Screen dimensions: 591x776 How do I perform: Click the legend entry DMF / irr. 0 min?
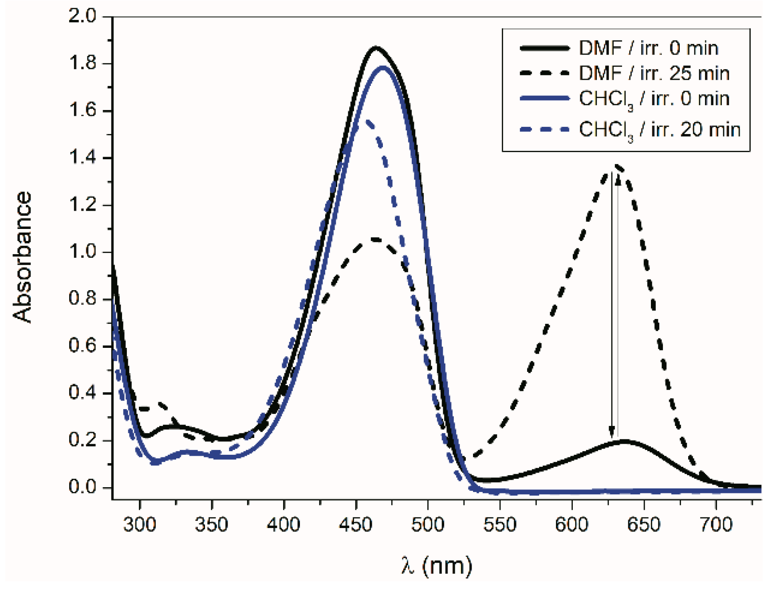(x=648, y=48)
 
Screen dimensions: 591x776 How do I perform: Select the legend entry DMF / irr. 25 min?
(x=654, y=73)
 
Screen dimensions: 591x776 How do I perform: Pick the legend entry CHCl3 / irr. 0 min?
(x=654, y=99)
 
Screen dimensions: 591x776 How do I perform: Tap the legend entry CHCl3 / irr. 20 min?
(x=659, y=130)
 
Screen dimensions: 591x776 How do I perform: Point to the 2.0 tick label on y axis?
(x=83, y=16)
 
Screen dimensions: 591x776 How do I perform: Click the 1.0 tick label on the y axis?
(x=83, y=252)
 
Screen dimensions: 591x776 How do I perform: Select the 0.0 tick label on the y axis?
(x=83, y=487)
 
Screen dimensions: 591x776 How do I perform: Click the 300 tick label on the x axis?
(x=140, y=525)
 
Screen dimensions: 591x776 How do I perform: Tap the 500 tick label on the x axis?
(x=427, y=525)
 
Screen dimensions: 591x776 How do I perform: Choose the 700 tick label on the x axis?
(x=715, y=525)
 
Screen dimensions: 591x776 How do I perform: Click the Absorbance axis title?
(x=22, y=257)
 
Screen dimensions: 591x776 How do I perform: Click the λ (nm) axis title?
(x=437, y=566)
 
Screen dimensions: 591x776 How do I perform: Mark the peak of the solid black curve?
(x=376, y=47)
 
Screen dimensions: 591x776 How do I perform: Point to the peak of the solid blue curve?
(x=383, y=67)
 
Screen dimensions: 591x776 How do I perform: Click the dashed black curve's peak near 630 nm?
(x=617, y=167)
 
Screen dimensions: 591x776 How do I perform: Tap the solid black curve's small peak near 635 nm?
(x=625, y=441)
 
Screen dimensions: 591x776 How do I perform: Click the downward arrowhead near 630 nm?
(x=612, y=432)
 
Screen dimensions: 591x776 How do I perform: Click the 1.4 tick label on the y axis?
(x=83, y=158)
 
